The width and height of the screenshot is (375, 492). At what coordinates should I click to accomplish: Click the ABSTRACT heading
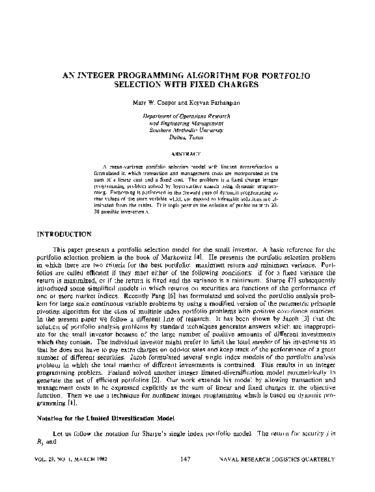[x=187, y=154]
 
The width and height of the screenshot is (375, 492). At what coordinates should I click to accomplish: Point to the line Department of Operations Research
[x=187, y=116]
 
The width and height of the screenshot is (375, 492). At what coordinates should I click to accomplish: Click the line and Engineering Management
[x=187, y=123]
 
